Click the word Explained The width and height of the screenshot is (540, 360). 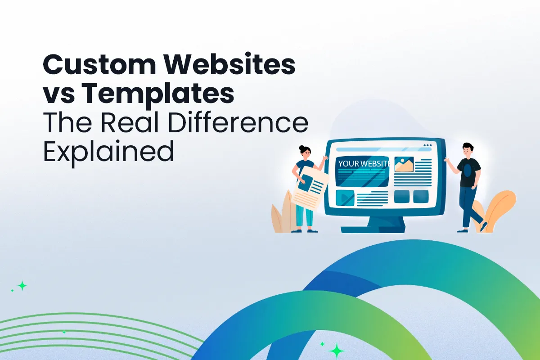pyautogui.click(x=108, y=152)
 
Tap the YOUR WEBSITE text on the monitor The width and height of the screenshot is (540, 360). pyautogui.click(x=364, y=163)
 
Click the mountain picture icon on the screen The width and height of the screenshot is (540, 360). pyautogui.click(x=404, y=165)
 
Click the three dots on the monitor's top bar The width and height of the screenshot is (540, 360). pyautogui.click(x=427, y=145)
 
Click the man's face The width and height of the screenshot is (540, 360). pyautogui.click(x=468, y=151)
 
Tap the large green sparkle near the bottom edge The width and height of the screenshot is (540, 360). pyautogui.click(x=336, y=350)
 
